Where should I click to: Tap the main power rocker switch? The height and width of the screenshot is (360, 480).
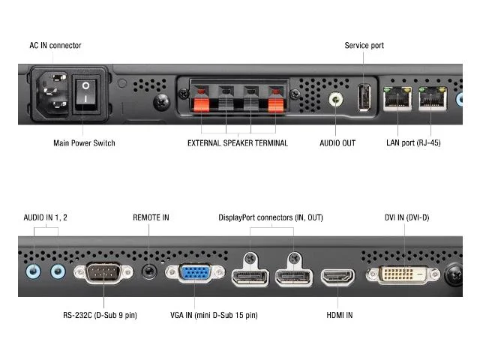[x=88, y=93]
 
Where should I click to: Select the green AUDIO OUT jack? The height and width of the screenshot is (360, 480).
[x=336, y=99]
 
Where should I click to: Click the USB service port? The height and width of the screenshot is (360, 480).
[x=364, y=97]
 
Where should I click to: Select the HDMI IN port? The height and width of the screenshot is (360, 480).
[x=339, y=276]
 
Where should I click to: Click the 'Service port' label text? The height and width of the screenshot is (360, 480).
[x=364, y=46]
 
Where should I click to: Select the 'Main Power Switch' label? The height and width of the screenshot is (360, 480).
[x=84, y=143]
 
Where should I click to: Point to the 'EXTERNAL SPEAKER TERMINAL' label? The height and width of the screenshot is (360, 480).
[x=237, y=143]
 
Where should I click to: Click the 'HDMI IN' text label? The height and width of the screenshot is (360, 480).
[x=339, y=315]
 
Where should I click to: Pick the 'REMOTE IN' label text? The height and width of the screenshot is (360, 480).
[x=151, y=217]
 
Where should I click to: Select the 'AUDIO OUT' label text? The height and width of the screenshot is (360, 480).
[x=337, y=142]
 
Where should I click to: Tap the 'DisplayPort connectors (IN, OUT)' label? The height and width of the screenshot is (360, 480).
[x=270, y=217]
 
